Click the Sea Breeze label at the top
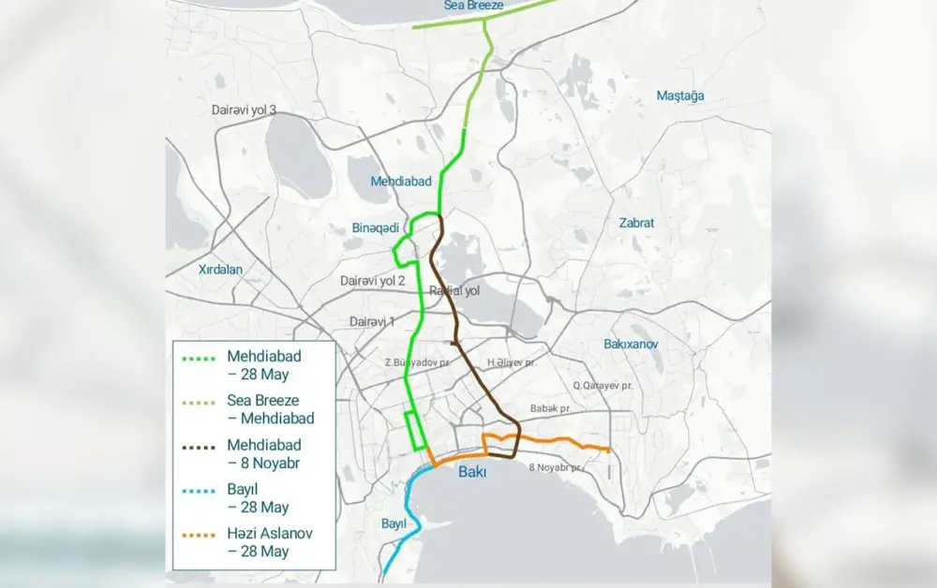point(473,7)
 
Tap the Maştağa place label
point(680,96)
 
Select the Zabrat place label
point(636,223)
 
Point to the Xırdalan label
point(220,269)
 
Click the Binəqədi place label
point(376,228)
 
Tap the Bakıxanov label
point(631,344)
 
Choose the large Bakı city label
point(472,473)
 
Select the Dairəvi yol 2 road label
point(373,280)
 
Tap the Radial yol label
point(454,291)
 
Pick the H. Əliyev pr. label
point(512,362)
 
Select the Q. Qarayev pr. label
point(602,385)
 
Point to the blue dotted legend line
point(199,492)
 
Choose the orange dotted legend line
point(199,536)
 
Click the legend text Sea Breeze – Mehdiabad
point(270,409)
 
